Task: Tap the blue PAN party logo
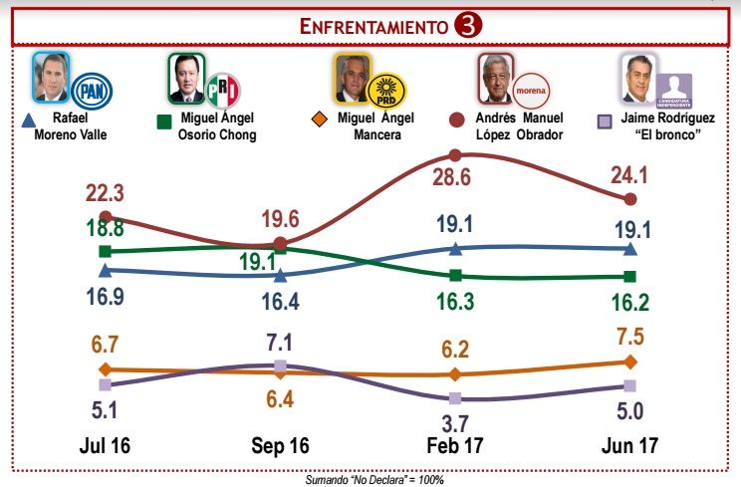(93, 90)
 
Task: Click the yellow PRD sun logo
(385, 92)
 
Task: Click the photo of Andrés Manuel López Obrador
(494, 78)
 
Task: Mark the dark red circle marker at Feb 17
(455, 155)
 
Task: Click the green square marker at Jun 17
(629, 277)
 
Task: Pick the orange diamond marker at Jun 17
(629, 362)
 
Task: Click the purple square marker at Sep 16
(281, 366)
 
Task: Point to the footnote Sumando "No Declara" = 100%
(374, 479)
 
